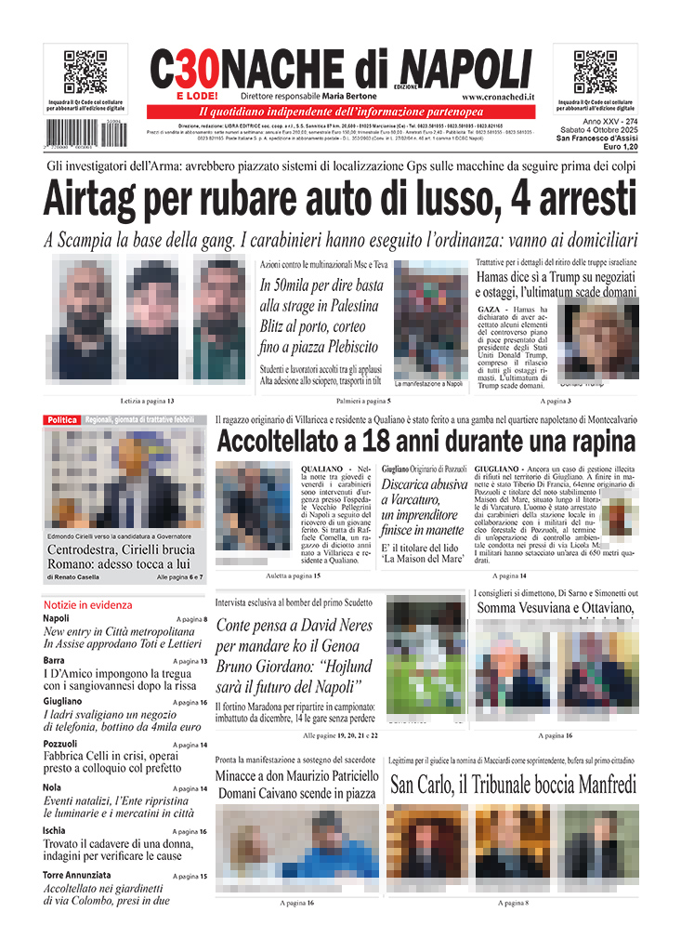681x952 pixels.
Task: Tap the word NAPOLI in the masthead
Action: pos(469,68)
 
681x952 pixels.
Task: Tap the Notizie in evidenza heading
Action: pos(87,604)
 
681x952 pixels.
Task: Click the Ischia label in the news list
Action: pos(55,830)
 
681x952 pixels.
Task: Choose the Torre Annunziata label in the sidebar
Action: pos(76,875)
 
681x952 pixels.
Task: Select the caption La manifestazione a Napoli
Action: pos(428,383)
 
